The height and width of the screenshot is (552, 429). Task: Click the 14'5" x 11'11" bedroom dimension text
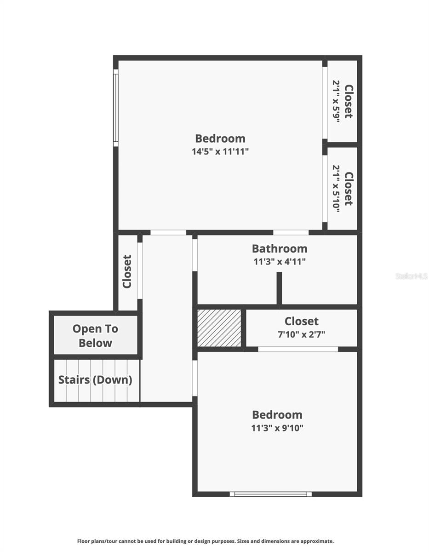[x=220, y=151]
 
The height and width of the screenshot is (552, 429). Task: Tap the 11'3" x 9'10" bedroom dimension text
[x=277, y=428]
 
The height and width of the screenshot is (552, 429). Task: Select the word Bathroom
[x=279, y=249]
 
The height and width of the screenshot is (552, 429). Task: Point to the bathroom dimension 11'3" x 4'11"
[x=279, y=262]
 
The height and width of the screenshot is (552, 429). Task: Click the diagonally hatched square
[x=219, y=328]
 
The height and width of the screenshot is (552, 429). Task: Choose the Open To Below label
[x=95, y=336]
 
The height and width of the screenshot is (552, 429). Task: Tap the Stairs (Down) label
[x=95, y=380]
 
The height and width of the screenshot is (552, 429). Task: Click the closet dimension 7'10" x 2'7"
[x=301, y=334]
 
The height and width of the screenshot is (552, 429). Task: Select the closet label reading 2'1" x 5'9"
[x=343, y=100]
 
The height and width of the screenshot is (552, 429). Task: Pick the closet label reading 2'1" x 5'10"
[x=343, y=189]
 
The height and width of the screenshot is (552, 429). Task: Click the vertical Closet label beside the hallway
[x=127, y=271]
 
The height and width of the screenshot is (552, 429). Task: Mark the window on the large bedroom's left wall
[x=116, y=108]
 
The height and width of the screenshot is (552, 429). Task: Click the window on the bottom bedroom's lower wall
[x=271, y=494]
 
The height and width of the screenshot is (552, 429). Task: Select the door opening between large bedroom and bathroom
[x=291, y=232]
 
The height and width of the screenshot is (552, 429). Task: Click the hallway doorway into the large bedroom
[x=168, y=233]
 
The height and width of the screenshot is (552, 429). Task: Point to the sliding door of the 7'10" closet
[x=297, y=349]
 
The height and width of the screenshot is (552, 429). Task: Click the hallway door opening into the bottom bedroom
[x=195, y=378]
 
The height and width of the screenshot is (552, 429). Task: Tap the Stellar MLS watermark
[x=411, y=276]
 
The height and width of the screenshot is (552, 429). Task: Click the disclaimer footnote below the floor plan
[x=205, y=541]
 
